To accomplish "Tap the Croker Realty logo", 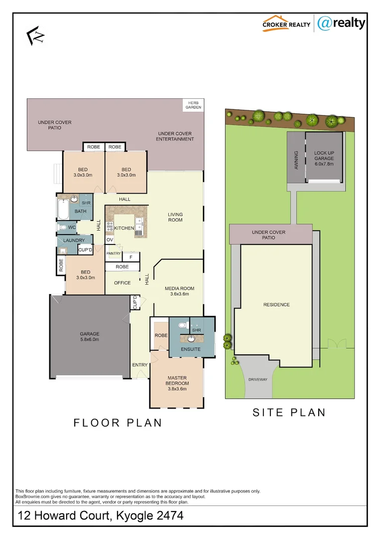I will [286, 23].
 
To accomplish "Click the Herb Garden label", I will [193, 105].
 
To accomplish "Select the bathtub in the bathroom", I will [63, 210].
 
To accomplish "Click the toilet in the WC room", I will [63, 228].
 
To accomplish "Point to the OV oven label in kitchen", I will [110, 240].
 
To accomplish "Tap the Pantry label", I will [114, 254].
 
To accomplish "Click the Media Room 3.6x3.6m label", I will [179, 291].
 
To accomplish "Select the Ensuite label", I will [191, 349].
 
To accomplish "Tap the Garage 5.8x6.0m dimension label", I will [90, 337].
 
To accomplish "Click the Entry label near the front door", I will [140, 365].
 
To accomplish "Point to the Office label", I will [122, 283].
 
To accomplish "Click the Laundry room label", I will [74, 241].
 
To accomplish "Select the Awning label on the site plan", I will [296, 160].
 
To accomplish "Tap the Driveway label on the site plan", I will [257, 379].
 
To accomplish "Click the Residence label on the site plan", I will [276, 304].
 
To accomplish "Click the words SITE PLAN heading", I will [289, 413].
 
